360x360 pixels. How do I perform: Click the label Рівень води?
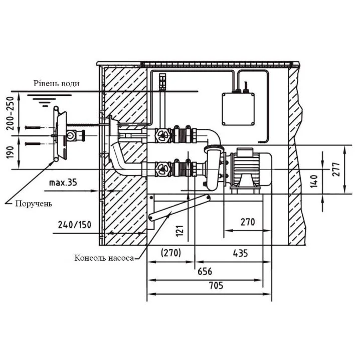click(x=57, y=83)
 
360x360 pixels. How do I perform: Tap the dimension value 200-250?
click(x=11, y=113)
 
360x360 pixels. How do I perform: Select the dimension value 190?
click(x=11, y=152)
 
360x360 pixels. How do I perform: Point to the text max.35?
click(x=63, y=183)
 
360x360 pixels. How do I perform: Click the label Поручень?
click(x=34, y=204)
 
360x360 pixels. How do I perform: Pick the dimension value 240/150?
click(x=75, y=225)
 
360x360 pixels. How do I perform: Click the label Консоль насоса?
click(x=104, y=258)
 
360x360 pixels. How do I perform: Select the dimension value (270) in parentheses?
click(x=171, y=253)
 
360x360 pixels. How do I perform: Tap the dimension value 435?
click(x=240, y=253)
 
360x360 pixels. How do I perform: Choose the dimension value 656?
click(x=205, y=271)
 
